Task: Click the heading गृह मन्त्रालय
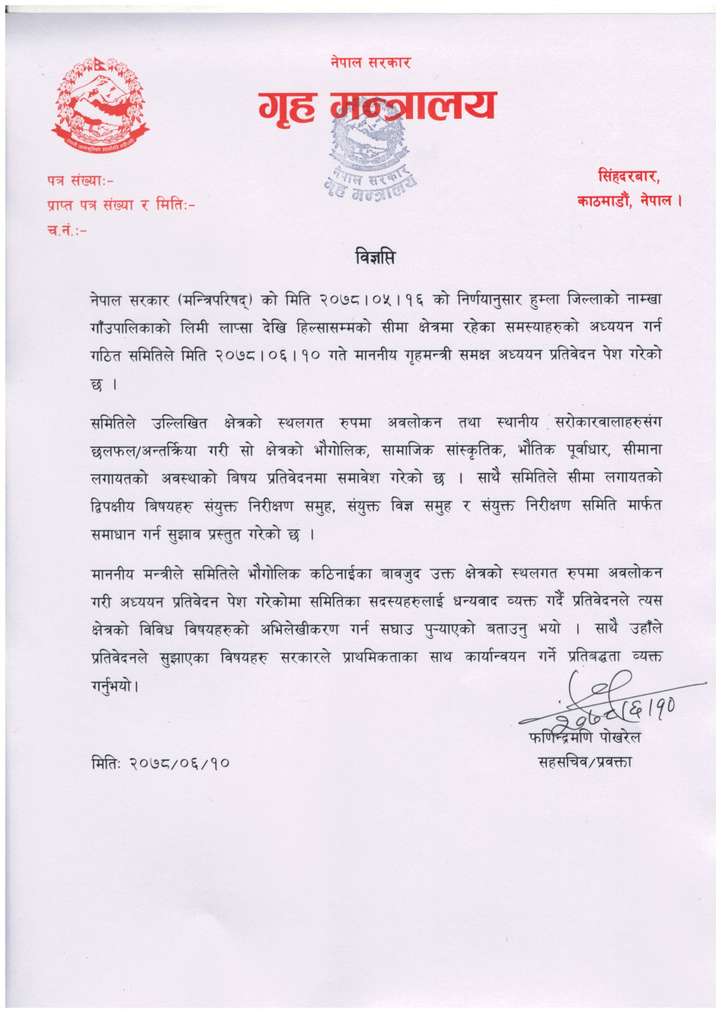[x=377, y=107]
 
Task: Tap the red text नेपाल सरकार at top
[x=371, y=62]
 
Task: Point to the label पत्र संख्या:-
[x=79, y=181]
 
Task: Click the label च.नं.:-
[x=66, y=229]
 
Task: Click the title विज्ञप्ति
[x=376, y=257]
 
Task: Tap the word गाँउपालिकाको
[x=129, y=328]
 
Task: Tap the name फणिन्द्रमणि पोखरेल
[x=584, y=737]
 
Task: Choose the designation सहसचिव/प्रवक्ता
[x=584, y=761]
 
